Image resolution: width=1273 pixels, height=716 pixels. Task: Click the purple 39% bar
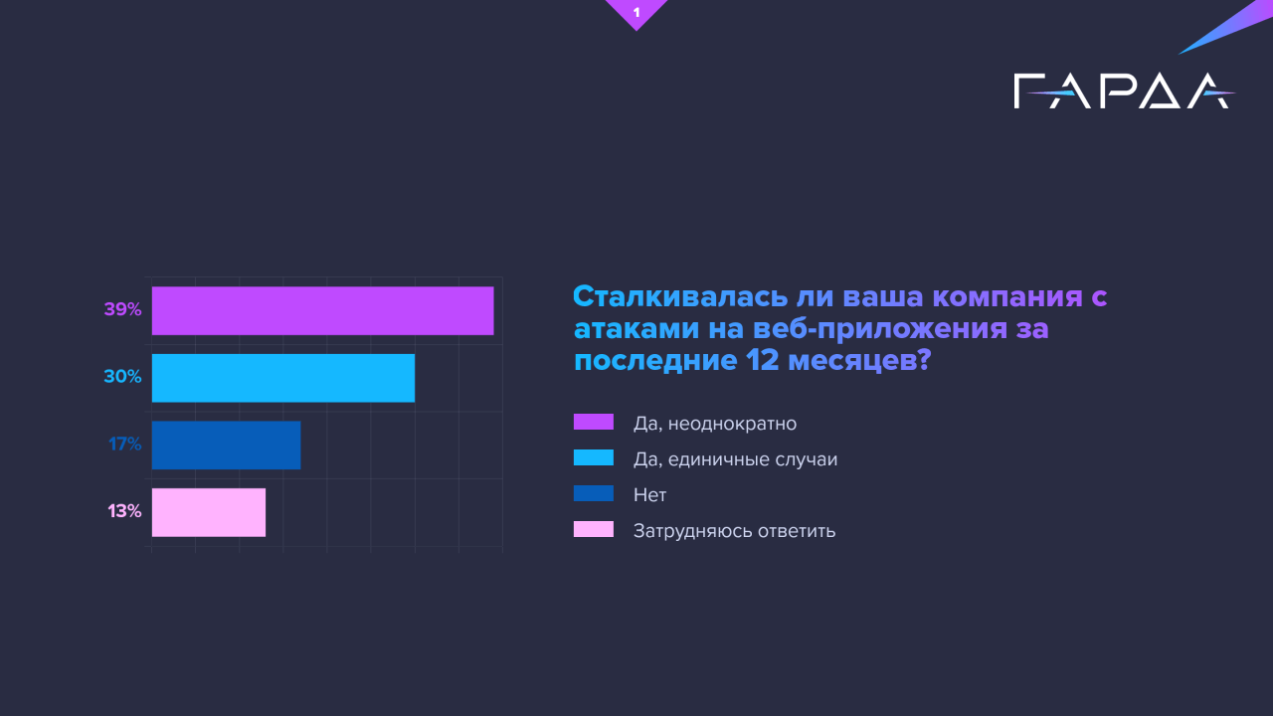click(322, 310)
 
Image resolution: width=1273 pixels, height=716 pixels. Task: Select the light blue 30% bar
click(282, 378)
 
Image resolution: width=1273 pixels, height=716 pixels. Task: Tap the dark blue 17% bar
click(226, 445)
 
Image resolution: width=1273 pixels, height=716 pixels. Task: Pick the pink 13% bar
click(208, 512)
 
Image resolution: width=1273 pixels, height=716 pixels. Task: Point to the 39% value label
click(122, 310)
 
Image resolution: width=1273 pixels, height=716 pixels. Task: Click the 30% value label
click(122, 378)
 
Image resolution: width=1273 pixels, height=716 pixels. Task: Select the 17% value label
click(125, 445)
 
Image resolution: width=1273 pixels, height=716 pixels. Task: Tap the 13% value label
click(125, 512)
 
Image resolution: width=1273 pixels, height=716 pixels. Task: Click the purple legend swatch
click(594, 423)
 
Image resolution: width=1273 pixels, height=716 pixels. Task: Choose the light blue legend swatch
click(594, 458)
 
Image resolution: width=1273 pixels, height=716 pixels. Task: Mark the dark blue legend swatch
click(594, 494)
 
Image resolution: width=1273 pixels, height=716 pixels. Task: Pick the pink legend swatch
click(594, 530)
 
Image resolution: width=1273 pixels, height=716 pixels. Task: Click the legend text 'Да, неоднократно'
click(715, 424)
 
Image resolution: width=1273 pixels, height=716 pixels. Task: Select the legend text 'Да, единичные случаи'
click(735, 459)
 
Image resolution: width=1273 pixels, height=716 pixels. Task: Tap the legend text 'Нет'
click(649, 495)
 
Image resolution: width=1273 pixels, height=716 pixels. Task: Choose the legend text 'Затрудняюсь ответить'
click(734, 531)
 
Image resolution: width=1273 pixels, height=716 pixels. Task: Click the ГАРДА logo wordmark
click(1122, 91)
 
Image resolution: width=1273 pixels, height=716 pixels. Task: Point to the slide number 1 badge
click(636, 12)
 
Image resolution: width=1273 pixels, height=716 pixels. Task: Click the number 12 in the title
click(763, 361)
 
